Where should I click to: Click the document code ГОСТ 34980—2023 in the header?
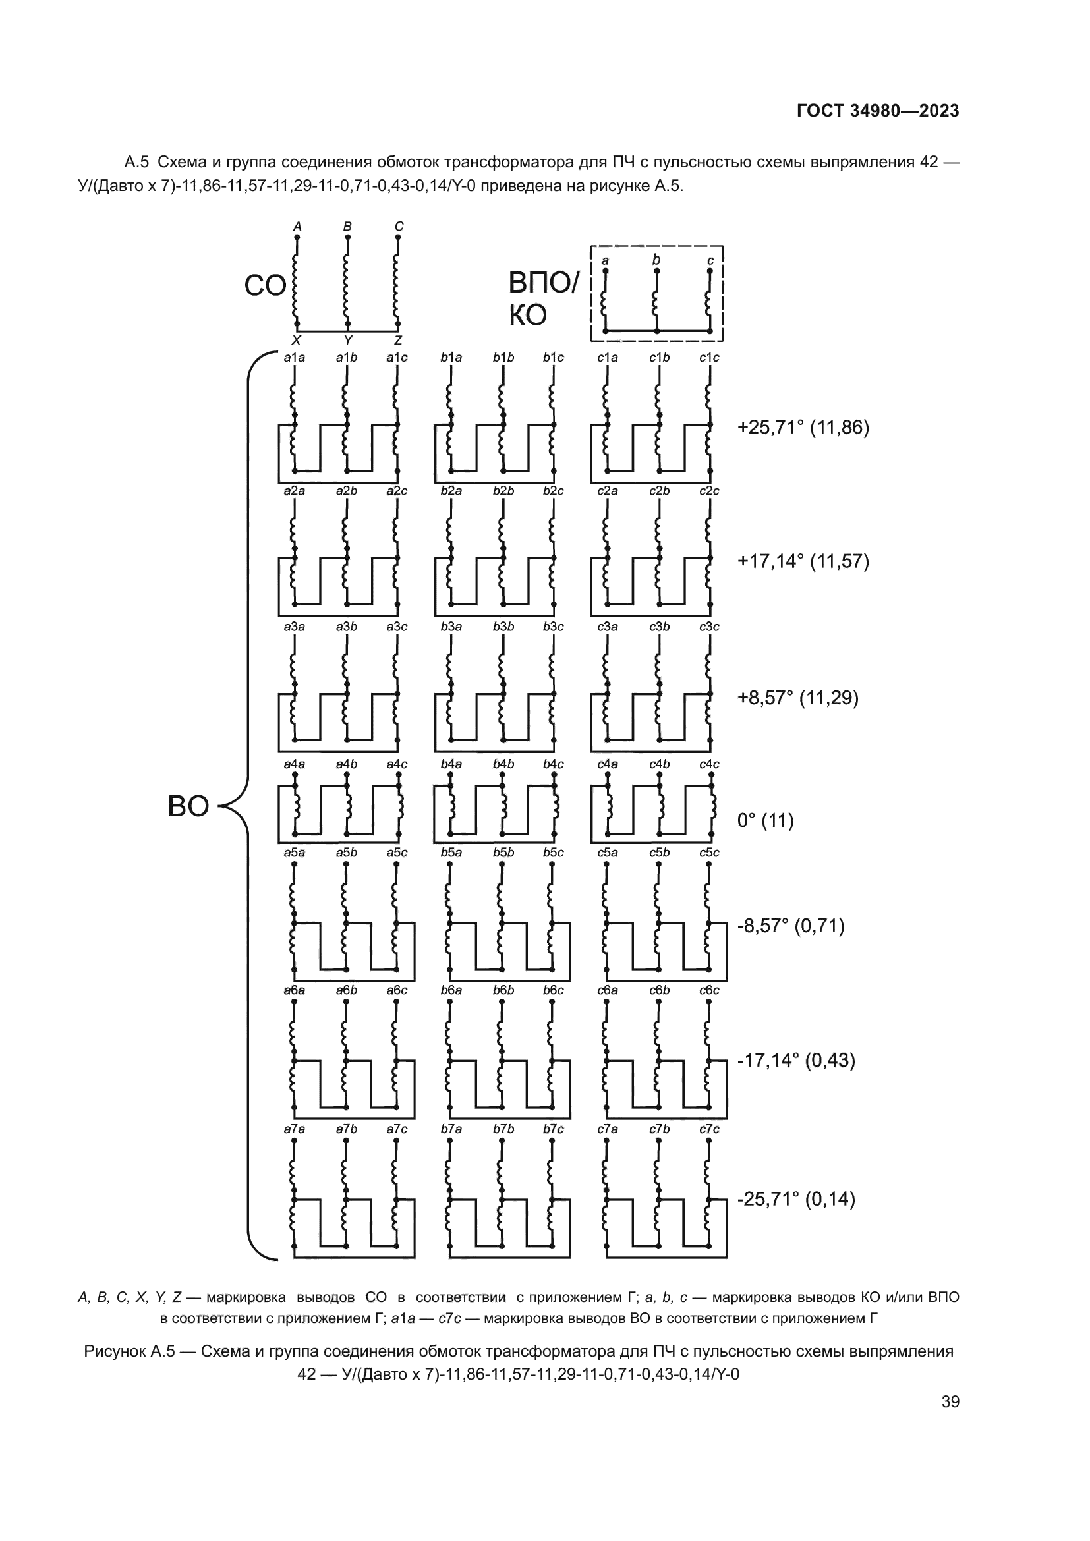tap(877, 111)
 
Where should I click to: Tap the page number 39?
tap(950, 1401)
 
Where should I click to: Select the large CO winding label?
tap(264, 286)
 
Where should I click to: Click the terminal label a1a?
tap(294, 358)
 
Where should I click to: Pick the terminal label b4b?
tap(503, 764)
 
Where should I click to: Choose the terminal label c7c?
tap(709, 1129)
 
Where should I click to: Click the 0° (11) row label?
tap(765, 820)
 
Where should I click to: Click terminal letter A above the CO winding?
tap(297, 227)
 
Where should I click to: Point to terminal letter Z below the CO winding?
tap(398, 340)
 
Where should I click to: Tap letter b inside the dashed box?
tap(656, 260)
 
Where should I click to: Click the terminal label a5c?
tap(397, 853)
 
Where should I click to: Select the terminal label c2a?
tap(608, 491)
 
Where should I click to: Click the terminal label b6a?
tap(451, 990)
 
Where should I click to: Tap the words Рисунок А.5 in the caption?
tap(129, 1351)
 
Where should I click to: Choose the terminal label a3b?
tap(347, 626)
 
